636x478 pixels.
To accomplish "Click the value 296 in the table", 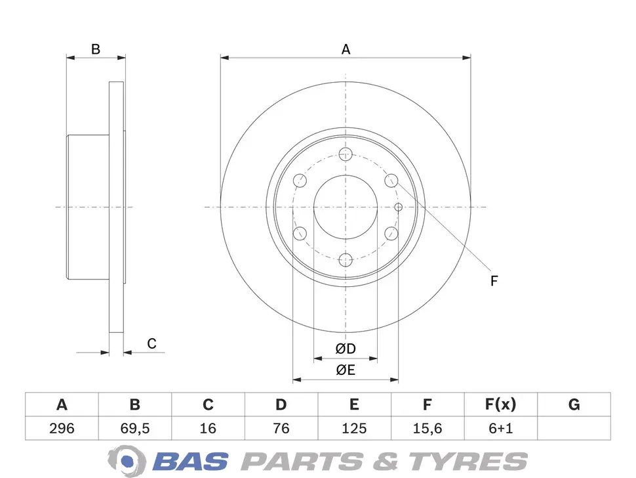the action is [x=62, y=428].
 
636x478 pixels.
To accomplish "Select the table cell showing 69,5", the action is [x=135, y=428].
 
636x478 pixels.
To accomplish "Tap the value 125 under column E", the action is [x=354, y=428].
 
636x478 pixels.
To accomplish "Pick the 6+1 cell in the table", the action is [x=500, y=428].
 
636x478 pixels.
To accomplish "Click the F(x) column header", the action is [x=500, y=404].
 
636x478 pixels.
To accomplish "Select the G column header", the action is [x=574, y=404].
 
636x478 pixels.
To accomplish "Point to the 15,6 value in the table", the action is [x=427, y=428].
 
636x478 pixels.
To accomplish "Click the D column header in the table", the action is [x=281, y=404].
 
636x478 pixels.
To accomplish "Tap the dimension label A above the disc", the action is [x=346, y=49].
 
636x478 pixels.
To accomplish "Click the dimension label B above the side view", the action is [x=96, y=49].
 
